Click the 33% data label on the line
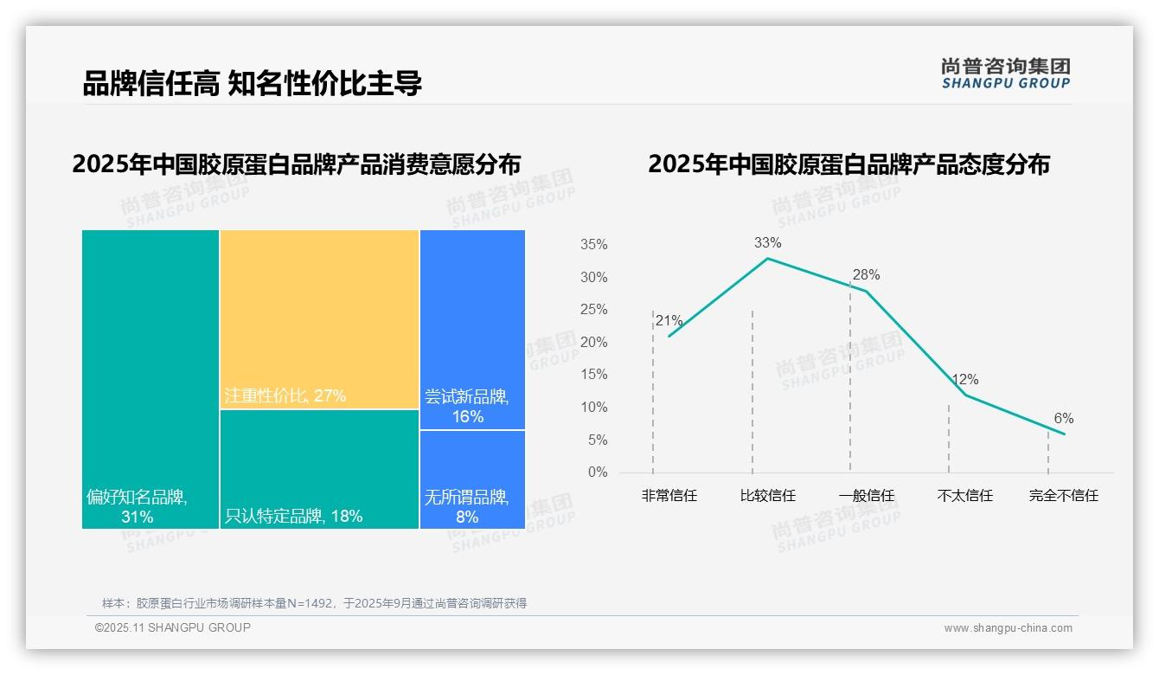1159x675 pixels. point(767,242)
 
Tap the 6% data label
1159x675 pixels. point(1063,419)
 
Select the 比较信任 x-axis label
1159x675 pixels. point(767,496)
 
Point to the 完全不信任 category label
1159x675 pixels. point(1063,496)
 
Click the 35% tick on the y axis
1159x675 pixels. point(593,245)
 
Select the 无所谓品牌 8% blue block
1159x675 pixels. point(472,479)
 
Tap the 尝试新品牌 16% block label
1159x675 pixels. point(466,407)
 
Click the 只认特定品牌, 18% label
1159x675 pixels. point(293,517)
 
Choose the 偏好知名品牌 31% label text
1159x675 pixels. point(137,507)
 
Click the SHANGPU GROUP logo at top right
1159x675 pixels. point(1005,74)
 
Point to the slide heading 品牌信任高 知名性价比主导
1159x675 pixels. point(252,84)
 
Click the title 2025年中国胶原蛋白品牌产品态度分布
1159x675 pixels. point(848,164)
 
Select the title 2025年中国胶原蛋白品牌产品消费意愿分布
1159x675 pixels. point(297,164)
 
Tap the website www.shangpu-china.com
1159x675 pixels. point(1008,628)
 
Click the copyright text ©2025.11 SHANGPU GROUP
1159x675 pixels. point(173,627)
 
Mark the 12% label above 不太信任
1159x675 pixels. point(964,380)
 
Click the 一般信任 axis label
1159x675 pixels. point(866,496)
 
